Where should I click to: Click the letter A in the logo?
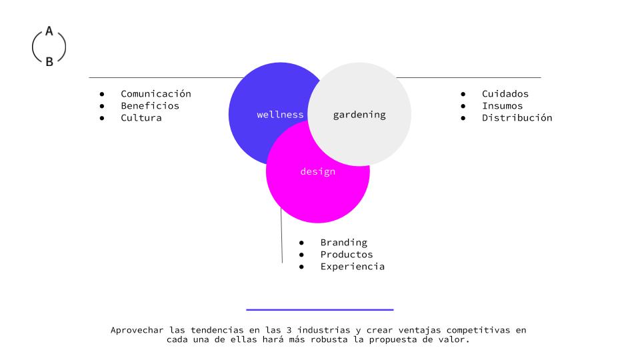click(x=49, y=31)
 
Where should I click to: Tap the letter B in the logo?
click(x=49, y=62)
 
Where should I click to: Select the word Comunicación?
click(x=155, y=94)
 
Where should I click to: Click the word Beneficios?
click(x=149, y=106)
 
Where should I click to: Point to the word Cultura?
click(x=141, y=118)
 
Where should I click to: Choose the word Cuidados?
click(x=505, y=94)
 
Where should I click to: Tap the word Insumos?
click(x=502, y=106)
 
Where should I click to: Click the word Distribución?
click(x=517, y=118)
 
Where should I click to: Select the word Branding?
click(x=343, y=243)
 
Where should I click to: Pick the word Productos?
click(x=346, y=255)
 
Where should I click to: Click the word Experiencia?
click(x=352, y=267)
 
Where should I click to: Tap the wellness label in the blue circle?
click(x=280, y=115)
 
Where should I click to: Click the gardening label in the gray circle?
click(x=359, y=115)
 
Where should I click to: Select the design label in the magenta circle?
click(x=317, y=172)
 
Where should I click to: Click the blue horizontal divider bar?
click(x=319, y=309)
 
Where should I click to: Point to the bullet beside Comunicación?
click(x=102, y=94)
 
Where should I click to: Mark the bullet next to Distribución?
click(x=463, y=118)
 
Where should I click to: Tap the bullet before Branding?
click(x=302, y=243)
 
